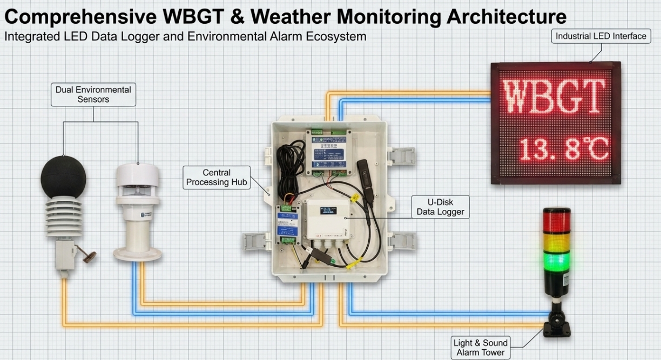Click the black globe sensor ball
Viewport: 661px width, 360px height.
pos(63,176)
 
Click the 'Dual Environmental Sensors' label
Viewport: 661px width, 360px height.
pos(93,94)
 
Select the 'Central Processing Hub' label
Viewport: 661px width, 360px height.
pos(217,178)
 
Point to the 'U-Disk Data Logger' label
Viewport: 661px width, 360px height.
pos(440,207)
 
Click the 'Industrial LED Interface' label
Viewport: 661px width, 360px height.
pos(601,36)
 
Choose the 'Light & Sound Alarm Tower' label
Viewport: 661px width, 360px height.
pos(480,348)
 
